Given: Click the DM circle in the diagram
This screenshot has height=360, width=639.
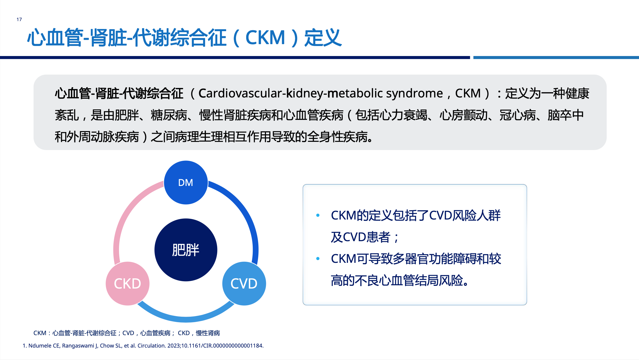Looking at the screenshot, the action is coord(186,182).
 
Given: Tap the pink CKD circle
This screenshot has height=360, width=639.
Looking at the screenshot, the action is coord(127,283).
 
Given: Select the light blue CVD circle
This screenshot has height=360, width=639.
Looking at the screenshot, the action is coord(244,283).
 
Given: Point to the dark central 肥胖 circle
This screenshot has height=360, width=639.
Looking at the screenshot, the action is coord(186,250).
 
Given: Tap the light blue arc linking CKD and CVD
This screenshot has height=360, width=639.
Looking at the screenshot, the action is coord(186,318).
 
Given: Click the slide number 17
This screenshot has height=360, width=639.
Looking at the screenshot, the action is coord(19,19).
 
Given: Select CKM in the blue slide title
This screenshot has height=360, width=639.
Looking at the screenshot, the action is coord(265,38).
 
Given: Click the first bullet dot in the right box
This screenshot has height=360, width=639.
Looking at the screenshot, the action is coord(318,215).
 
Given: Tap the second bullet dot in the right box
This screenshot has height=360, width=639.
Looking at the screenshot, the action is coord(318,259).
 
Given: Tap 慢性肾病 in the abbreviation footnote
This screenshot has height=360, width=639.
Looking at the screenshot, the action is coord(208,333).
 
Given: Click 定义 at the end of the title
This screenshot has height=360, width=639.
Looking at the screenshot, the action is coord(323,38).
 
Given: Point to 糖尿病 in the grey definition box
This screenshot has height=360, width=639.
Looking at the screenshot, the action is coord(169,115).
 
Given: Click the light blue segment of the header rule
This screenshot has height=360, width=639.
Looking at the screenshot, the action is coord(556,57).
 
